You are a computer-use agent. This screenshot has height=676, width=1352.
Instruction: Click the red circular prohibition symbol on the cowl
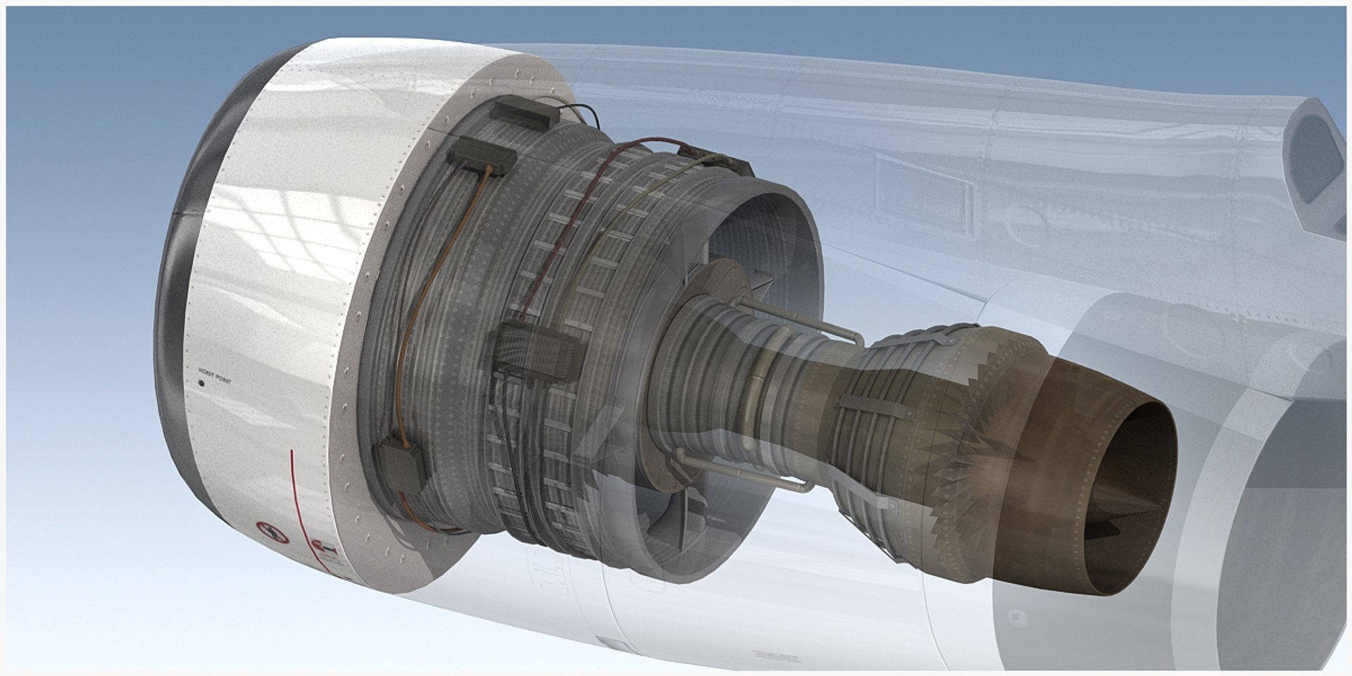click(x=273, y=532)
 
